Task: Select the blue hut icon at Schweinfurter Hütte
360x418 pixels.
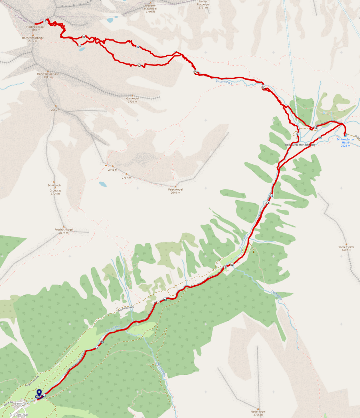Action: tap(345, 135)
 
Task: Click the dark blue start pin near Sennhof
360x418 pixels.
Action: tap(39, 393)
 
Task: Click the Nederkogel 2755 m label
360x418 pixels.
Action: tap(258, 413)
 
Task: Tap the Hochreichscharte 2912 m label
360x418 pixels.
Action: tap(30, 39)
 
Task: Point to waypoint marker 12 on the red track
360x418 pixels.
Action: tap(139, 65)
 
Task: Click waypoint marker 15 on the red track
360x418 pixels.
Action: tap(316, 127)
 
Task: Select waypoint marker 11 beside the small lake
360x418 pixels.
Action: tap(80, 46)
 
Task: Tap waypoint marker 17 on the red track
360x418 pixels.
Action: tap(271, 196)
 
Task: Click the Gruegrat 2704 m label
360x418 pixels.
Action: tap(55, 192)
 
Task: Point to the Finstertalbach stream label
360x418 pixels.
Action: tap(224, 82)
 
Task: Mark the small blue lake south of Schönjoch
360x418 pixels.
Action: tap(103, 184)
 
